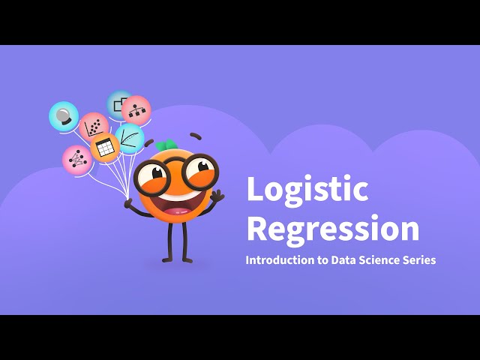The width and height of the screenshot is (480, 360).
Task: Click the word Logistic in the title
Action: pyautogui.click(x=307, y=190)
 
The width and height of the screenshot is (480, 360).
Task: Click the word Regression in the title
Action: pyautogui.click(x=333, y=229)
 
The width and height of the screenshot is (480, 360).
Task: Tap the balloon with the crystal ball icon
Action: pyautogui.click(x=64, y=116)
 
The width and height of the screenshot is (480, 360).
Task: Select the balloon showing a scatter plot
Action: pyautogui.click(x=94, y=127)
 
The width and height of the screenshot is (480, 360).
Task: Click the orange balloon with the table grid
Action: pyautogui.click(x=105, y=148)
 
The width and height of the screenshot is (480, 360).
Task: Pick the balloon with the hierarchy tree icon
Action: pyautogui.click(x=136, y=109)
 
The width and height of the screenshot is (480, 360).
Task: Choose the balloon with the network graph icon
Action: pyautogui.click(x=76, y=160)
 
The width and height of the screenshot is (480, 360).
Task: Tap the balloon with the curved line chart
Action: pyautogui.click(x=129, y=139)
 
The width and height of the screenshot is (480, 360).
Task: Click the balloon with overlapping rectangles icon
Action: pyautogui.click(x=119, y=105)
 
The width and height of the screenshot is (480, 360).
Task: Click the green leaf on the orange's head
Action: pyautogui.click(x=168, y=145)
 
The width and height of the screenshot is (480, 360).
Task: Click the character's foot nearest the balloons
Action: pyautogui.click(x=167, y=260)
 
